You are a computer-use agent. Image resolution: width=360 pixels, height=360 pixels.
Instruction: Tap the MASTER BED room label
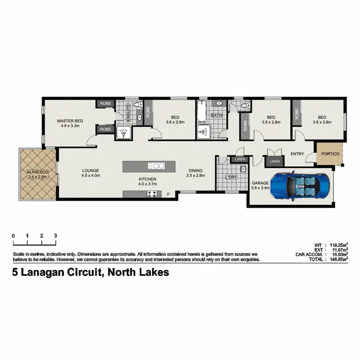70,123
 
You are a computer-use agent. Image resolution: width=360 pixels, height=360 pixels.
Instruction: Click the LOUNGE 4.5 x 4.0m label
90,173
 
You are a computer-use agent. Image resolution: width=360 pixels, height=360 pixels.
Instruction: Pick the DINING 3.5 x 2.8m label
195,173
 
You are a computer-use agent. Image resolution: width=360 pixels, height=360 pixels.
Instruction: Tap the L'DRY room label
231,178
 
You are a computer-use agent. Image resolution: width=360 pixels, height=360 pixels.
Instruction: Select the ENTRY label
298,154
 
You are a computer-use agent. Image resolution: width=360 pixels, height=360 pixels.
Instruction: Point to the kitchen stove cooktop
153,194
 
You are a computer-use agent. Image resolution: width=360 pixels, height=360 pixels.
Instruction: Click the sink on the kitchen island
156,166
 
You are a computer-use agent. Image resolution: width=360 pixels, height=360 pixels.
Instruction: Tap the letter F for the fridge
168,194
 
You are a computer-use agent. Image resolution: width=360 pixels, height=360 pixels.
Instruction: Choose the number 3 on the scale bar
56,236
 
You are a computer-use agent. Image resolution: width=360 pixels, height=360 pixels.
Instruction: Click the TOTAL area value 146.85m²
337,259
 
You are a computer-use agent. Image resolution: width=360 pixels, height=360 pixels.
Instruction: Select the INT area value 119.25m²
337,244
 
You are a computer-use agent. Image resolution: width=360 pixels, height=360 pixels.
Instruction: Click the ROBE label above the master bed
105,104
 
